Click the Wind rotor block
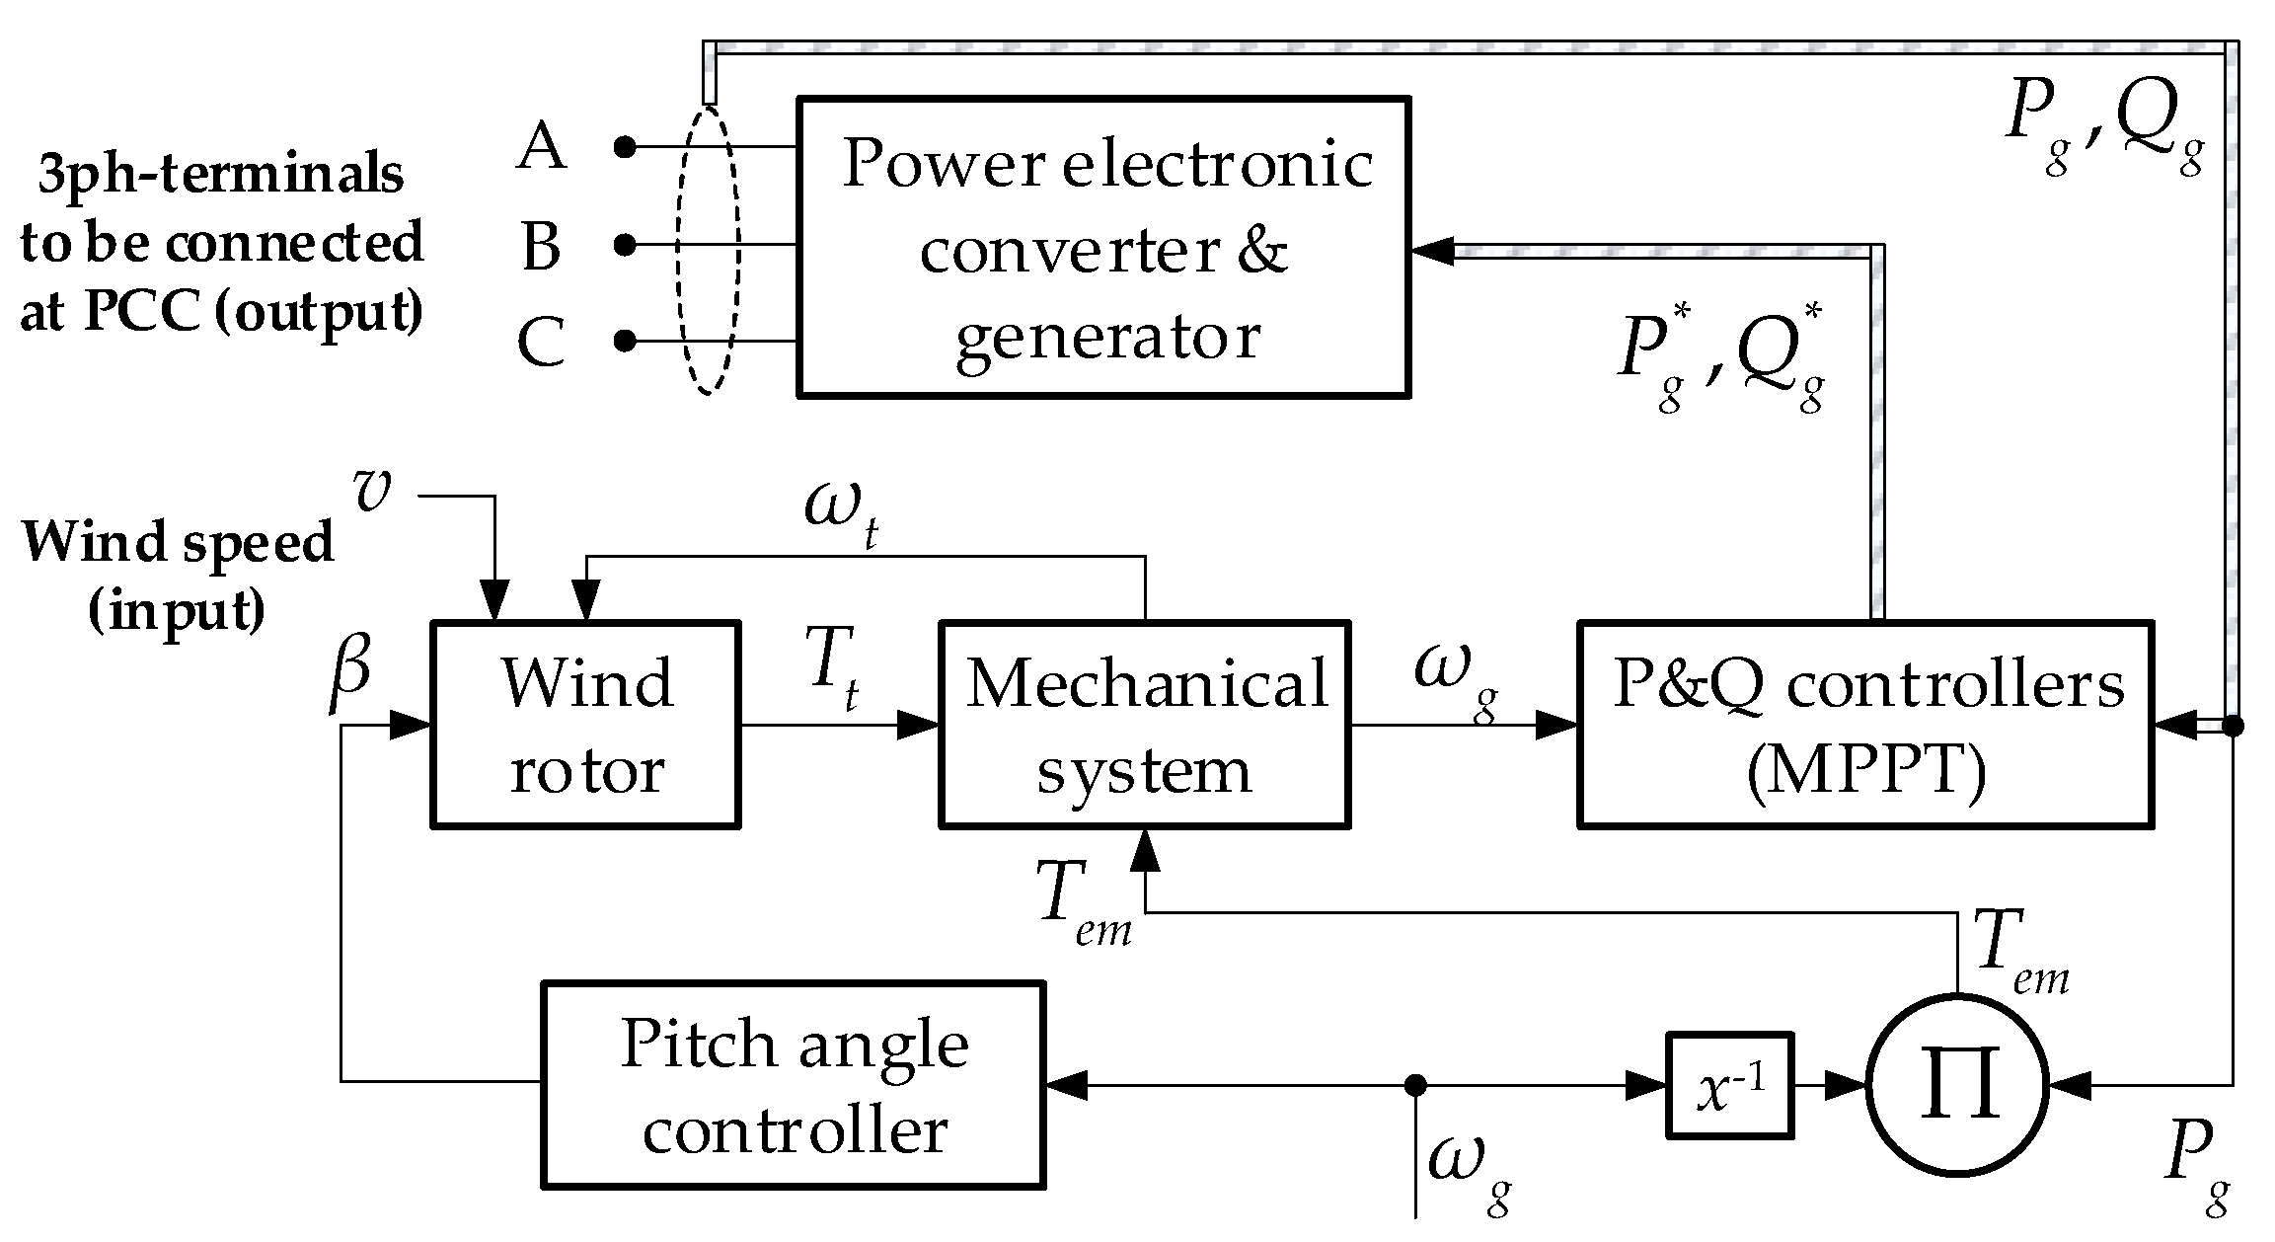[585, 724]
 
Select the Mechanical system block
[1144, 724]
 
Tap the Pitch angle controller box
[793, 1084]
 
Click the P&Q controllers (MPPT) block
[1864, 724]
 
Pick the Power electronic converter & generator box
[1102, 247]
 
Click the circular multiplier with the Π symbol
[1957, 1085]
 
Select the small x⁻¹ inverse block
[1729, 1085]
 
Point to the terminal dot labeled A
[624, 147]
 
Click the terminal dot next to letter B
[624, 244]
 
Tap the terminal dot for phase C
[624, 341]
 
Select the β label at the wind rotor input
[349, 667]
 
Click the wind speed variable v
[372, 491]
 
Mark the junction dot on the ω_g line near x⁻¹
[1415, 1085]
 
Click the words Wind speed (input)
[178, 576]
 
